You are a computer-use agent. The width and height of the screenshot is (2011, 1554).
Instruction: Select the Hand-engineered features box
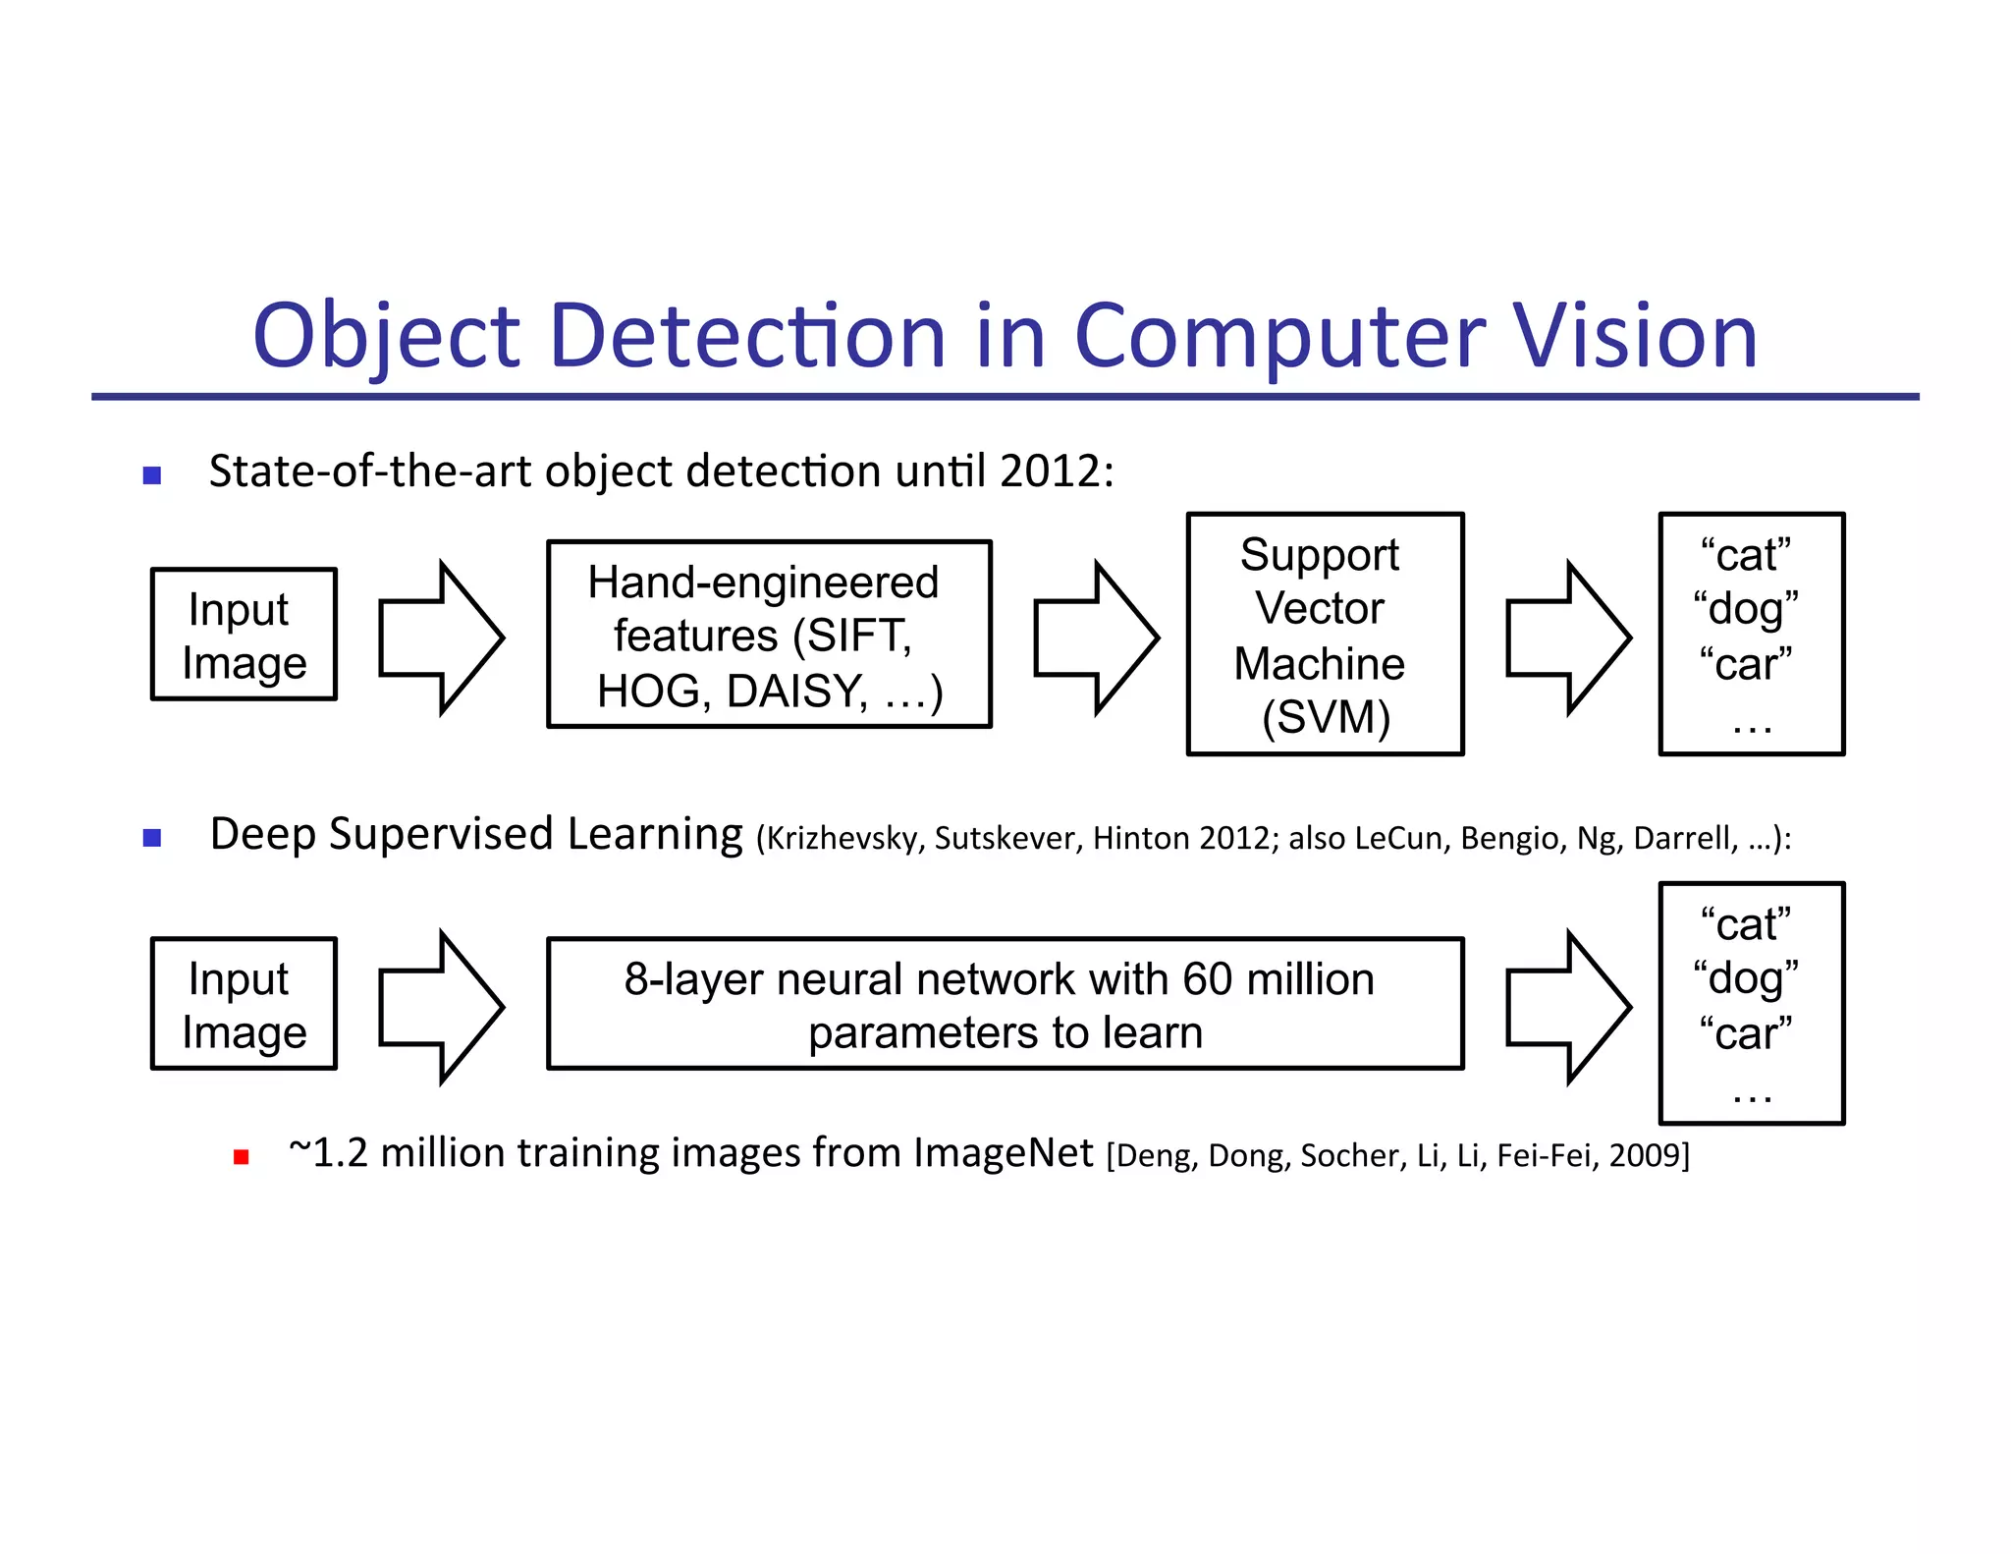pyautogui.click(x=769, y=635)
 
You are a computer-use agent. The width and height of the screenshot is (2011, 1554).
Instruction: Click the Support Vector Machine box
pyautogui.click(x=1325, y=635)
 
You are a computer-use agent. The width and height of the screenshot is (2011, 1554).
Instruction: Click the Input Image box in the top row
pyautogui.click(x=244, y=635)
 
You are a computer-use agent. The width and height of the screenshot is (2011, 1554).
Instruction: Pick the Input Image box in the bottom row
pyautogui.click(x=244, y=1004)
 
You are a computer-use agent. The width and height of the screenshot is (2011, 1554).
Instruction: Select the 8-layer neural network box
pyautogui.click(x=1005, y=1004)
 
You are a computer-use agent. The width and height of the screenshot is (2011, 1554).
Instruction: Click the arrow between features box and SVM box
pyautogui.click(x=1096, y=638)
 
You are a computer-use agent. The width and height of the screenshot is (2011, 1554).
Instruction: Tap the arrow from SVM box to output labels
pyautogui.click(x=1568, y=638)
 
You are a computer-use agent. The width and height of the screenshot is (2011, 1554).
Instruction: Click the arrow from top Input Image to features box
pyautogui.click(x=441, y=638)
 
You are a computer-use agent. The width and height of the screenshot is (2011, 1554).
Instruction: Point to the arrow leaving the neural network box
pyautogui.click(x=1568, y=1008)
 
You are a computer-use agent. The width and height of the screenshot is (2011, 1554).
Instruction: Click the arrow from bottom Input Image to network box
pyautogui.click(x=441, y=1008)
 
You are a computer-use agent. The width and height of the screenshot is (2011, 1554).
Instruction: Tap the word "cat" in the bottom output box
pyautogui.click(x=1747, y=925)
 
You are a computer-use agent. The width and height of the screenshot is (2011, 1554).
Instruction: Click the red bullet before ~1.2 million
pyautogui.click(x=242, y=1157)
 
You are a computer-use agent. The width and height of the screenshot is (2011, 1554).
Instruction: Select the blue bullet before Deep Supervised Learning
pyautogui.click(x=152, y=838)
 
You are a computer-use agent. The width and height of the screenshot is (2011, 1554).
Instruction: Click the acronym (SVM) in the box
pyautogui.click(x=1326, y=718)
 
